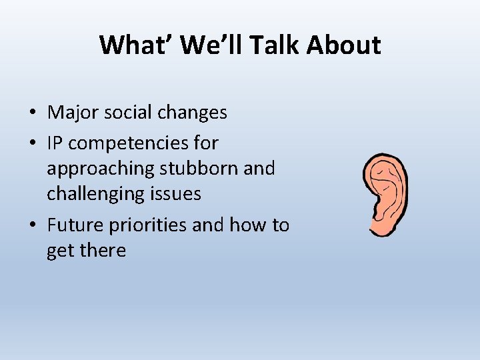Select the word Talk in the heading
[265, 45]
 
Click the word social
[131, 113]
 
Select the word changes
[195, 113]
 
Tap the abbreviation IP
[55, 143]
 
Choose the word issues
[177, 193]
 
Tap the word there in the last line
[101, 251]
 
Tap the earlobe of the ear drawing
[381, 227]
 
